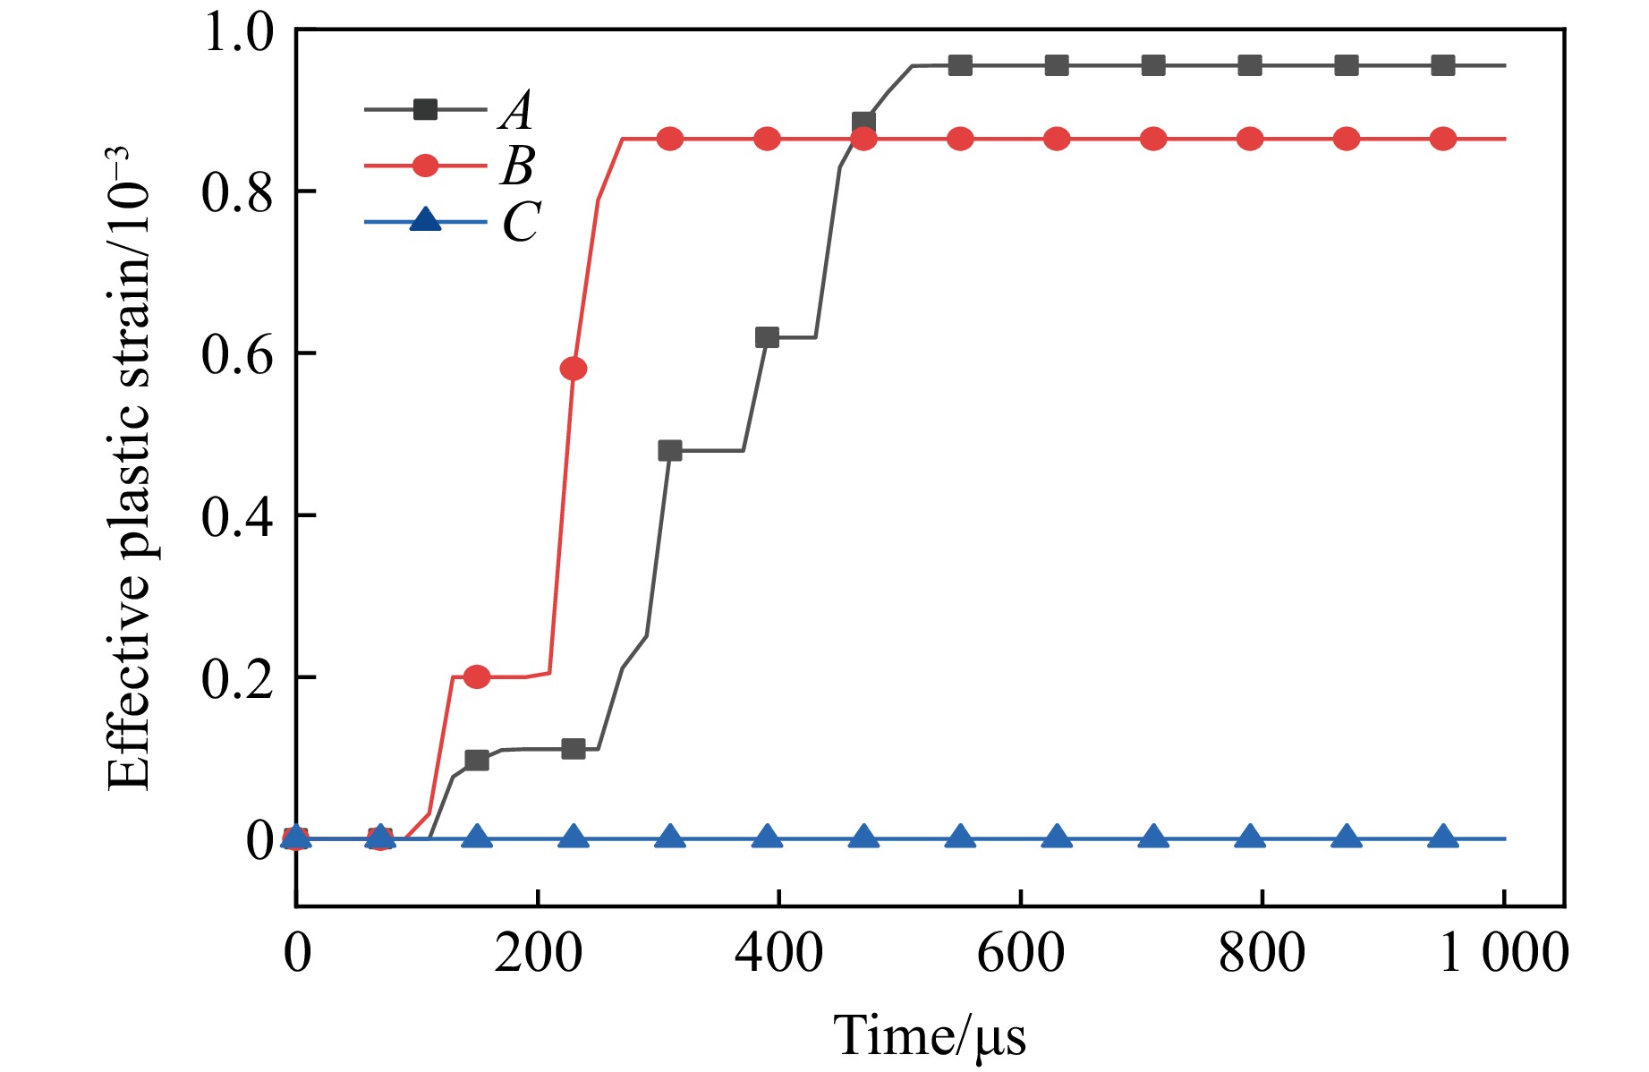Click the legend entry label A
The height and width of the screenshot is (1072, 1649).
coord(517,111)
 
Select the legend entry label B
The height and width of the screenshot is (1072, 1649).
coord(517,166)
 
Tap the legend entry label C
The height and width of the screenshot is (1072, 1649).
coord(521,221)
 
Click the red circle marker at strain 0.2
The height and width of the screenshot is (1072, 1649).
coord(477,676)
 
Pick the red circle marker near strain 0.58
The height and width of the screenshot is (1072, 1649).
coord(574,369)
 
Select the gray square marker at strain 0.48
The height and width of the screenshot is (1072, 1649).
coord(670,450)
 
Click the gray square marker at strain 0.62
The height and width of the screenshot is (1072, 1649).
coord(767,337)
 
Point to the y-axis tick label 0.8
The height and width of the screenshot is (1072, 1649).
coord(236,192)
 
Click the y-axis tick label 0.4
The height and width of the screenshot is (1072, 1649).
coord(236,516)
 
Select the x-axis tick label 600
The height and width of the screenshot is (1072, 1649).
coord(1021,953)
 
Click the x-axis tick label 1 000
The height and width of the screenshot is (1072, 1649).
coord(1503,953)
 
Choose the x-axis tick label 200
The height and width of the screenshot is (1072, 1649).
coord(538,953)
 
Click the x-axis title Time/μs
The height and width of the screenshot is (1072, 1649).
coord(930,1036)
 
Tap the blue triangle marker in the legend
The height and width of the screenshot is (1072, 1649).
coord(425,220)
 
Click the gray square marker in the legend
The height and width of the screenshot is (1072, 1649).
coord(425,110)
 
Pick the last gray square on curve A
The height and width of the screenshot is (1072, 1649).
coord(1443,65)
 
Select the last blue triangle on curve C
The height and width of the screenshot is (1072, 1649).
coord(1443,838)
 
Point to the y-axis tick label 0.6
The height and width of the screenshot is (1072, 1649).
coord(236,354)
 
